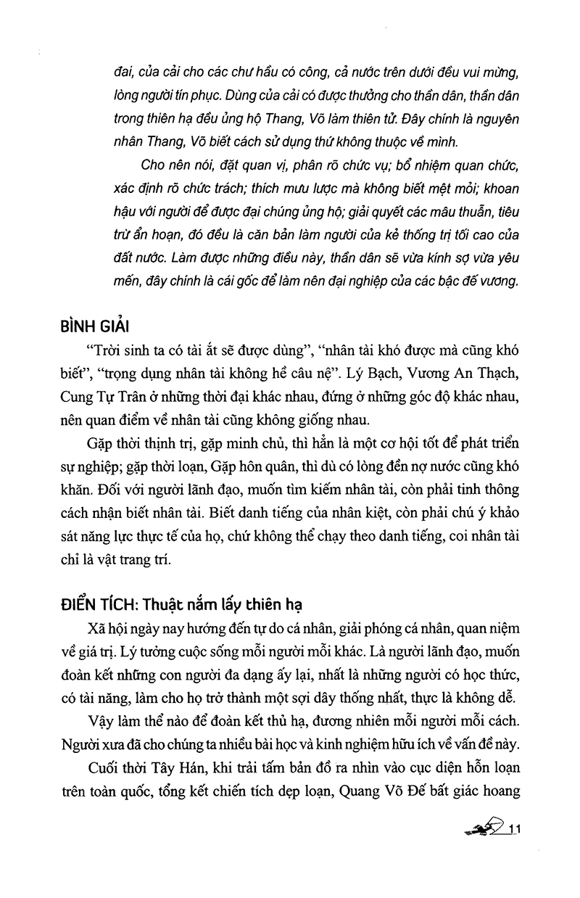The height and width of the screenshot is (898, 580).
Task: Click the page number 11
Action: [x=516, y=830]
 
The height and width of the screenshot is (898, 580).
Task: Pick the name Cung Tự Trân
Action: [x=120, y=397]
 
